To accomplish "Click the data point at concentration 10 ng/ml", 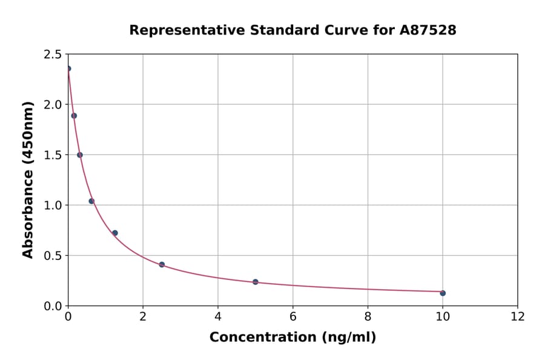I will tap(443, 293).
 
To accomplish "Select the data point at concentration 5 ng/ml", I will tap(256, 282).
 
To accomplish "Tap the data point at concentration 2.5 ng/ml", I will tap(162, 265).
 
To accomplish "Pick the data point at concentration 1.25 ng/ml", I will tap(115, 233).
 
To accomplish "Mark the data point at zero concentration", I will tap(68, 68).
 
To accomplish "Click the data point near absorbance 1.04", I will tap(91, 201).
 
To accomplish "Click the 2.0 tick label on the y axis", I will tap(53, 105).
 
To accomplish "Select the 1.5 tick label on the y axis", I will tap(53, 155).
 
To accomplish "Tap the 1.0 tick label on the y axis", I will tap(53, 205).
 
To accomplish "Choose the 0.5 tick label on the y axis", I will tap(53, 256).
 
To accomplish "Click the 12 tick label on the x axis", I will tap(518, 317).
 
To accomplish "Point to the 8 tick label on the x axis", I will tap(368, 317).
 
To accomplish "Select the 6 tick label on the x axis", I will tap(293, 317).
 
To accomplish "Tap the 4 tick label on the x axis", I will tap(218, 317).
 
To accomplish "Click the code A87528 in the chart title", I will tap(428, 30).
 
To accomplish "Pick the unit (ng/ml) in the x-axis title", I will tap(348, 338).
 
